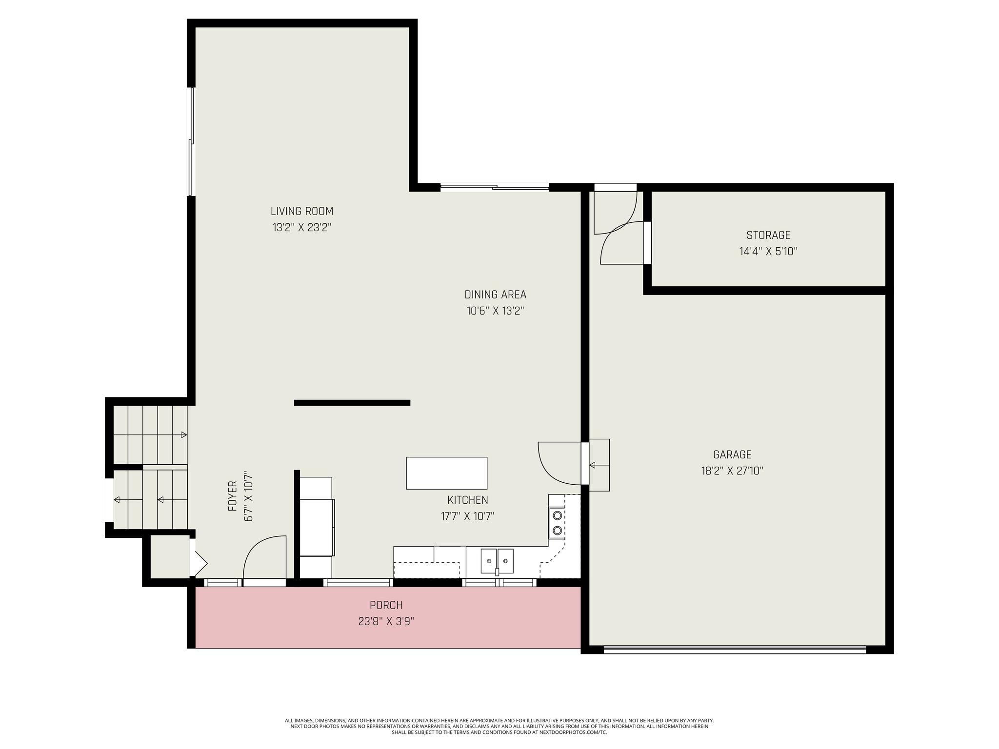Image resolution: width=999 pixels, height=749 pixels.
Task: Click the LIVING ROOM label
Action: (x=302, y=211)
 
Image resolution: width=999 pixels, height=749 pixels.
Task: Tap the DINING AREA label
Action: (x=495, y=295)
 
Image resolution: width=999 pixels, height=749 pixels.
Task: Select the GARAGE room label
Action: (x=732, y=454)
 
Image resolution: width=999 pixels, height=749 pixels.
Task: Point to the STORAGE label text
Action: (x=768, y=235)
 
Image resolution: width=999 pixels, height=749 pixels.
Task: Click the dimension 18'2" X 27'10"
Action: (x=732, y=471)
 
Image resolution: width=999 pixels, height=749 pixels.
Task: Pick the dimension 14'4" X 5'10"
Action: (x=768, y=252)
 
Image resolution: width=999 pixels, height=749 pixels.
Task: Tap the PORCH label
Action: (x=386, y=605)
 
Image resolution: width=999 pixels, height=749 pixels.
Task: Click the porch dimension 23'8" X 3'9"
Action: (x=386, y=622)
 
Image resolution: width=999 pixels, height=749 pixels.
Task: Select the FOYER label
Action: (x=233, y=496)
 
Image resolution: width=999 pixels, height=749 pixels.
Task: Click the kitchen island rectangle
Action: (x=447, y=473)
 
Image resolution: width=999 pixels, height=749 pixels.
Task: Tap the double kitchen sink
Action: (x=497, y=561)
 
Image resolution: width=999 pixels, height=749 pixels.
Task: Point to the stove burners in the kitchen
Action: (x=557, y=522)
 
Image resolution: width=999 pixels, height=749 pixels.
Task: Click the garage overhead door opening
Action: (x=735, y=649)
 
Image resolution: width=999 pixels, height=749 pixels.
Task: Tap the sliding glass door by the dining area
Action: (x=495, y=186)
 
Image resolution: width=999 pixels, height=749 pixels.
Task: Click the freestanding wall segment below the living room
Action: (x=352, y=403)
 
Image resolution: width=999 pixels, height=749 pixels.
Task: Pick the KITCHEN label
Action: (x=468, y=500)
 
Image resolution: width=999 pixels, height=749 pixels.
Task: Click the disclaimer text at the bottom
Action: (x=499, y=726)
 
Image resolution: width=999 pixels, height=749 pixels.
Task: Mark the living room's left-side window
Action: (x=191, y=142)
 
